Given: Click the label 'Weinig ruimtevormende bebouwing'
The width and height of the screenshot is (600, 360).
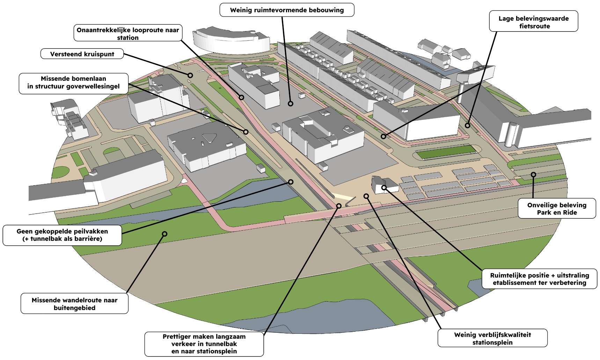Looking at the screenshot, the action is (x=287, y=10).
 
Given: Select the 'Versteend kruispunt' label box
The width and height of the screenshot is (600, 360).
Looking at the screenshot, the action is (x=82, y=54).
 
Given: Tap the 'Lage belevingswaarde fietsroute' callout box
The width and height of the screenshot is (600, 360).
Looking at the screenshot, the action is (x=533, y=22).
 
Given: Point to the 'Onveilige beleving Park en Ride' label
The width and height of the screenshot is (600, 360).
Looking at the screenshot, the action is (x=557, y=209).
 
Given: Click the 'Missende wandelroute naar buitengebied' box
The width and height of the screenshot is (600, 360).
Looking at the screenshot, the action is (x=74, y=304).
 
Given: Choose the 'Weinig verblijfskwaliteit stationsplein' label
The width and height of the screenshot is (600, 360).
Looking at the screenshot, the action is (x=492, y=338).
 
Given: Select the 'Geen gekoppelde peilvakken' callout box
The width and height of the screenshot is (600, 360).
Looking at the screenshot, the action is (x=62, y=235).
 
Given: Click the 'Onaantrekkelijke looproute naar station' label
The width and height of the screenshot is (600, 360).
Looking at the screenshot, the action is (x=128, y=33).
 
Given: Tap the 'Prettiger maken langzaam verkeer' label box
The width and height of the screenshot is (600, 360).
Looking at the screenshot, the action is (x=204, y=344).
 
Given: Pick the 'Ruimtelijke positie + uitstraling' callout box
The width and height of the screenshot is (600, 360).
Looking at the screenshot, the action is (x=539, y=279).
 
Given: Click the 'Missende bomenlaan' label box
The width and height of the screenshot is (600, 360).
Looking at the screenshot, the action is (x=73, y=83).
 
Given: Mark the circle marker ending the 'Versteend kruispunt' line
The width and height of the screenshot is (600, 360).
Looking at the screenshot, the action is (x=190, y=75).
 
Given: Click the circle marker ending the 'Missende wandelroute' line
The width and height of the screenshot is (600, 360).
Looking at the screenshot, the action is (x=164, y=234).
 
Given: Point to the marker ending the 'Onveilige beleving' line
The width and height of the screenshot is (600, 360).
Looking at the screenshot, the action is (x=533, y=174).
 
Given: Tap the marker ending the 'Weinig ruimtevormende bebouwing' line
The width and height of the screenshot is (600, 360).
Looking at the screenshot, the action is (x=290, y=103).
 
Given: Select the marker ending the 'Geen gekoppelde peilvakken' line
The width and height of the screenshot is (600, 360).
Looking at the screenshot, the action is (x=291, y=182).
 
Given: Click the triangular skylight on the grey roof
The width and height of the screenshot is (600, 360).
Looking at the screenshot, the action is (x=209, y=138).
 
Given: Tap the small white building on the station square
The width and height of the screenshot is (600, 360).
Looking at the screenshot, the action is (x=384, y=185).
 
